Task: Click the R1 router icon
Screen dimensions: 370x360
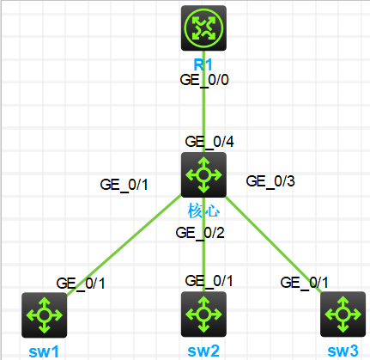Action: click(203, 28)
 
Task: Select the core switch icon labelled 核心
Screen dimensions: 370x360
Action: click(203, 174)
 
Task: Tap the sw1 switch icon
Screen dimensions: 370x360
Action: click(45, 315)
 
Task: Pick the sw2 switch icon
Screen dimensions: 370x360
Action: click(203, 314)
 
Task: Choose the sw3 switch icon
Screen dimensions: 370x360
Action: click(343, 314)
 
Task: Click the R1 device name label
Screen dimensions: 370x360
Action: click(203, 64)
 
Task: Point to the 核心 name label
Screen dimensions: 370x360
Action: click(203, 211)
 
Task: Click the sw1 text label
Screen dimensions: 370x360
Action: click(44, 351)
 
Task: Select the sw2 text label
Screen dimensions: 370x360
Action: click(203, 351)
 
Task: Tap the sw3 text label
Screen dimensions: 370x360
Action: click(343, 351)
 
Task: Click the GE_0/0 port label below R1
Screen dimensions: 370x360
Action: click(204, 80)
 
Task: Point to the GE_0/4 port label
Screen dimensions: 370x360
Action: click(209, 142)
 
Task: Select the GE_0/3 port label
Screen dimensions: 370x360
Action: click(270, 181)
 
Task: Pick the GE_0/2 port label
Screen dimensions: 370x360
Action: click(200, 233)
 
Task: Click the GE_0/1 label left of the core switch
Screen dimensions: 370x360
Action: click(124, 185)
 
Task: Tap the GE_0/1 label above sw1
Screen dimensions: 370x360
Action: click(81, 284)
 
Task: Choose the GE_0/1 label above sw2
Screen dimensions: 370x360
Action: click(209, 281)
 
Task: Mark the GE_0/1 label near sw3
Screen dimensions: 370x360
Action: click(304, 283)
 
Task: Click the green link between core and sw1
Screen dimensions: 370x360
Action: click(124, 245)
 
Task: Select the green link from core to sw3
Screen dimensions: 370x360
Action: click(274, 245)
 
